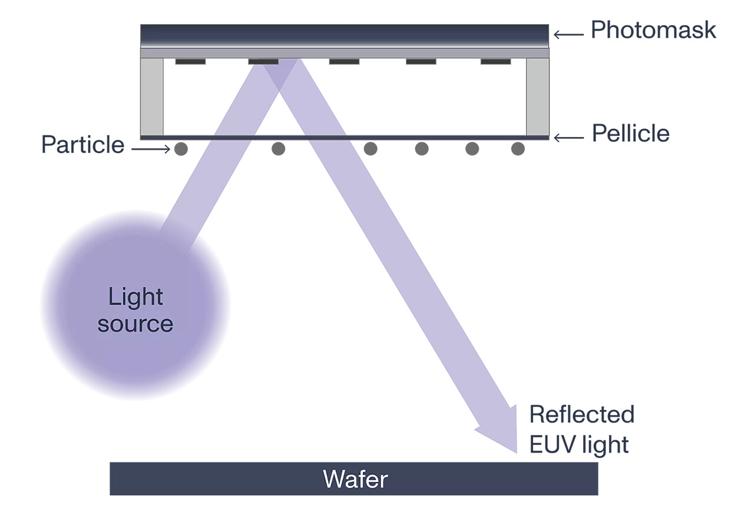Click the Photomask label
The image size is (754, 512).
[653, 30]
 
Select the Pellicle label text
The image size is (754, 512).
[630, 134]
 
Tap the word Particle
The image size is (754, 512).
[82, 145]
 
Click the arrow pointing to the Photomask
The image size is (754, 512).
[568, 35]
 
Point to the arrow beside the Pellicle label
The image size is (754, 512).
[569, 138]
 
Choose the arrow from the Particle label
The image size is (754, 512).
[150, 149]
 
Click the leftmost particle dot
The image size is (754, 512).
[181, 149]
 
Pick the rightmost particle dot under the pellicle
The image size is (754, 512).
[518, 149]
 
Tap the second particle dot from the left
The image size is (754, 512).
[278, 149]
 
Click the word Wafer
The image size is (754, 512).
[355, 480]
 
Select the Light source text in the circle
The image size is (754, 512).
[135, 310]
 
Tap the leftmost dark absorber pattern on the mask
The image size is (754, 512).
[190, 61]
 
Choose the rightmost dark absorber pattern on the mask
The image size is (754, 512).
[495, 61]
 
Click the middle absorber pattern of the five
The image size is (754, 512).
[344, 61]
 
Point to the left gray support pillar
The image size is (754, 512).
[152, 97]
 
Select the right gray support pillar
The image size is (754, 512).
[537, 97]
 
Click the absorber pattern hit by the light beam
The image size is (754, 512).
[263, 61]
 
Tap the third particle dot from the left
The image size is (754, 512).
[371, 149]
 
